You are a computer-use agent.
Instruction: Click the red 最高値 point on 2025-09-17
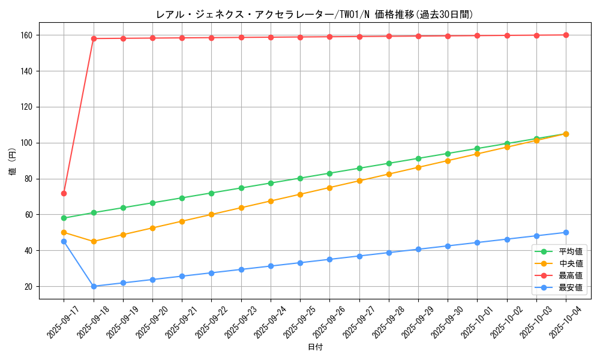coord(64,193)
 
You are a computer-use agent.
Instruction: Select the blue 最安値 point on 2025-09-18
coord(94,286)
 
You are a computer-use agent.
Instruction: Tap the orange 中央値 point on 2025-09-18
coord(94,242)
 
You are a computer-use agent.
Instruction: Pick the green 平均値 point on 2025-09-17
coord(64,218)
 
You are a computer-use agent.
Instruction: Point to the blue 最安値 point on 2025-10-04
coord(566,232)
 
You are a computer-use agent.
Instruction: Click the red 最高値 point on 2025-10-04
coord(566,35)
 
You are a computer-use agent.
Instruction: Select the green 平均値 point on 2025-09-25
coord(300,178)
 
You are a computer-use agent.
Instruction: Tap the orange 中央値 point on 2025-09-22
coord(211,214)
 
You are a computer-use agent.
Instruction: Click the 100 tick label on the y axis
coord(29,143)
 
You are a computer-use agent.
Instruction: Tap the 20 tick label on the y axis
coord(31,286)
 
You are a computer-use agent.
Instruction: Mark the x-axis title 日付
coord(315,347)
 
